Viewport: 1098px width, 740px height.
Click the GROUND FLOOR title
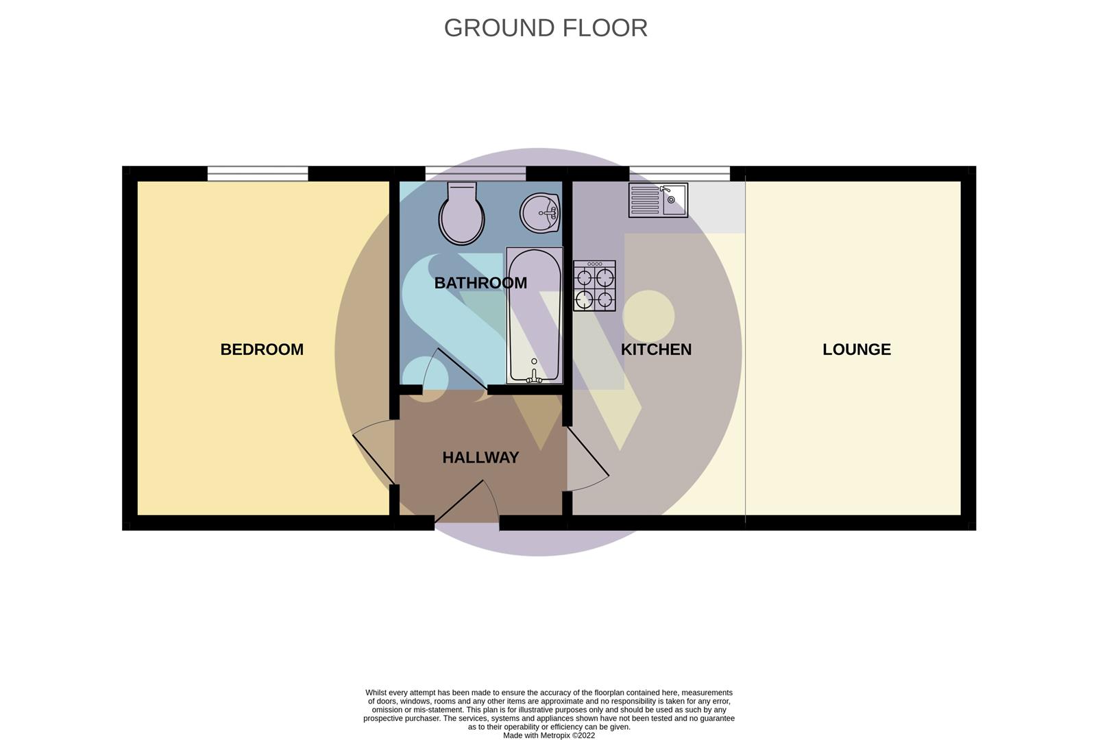pos(546,28)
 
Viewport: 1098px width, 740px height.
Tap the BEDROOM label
pos(262,349)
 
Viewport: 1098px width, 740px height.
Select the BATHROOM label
pos(480,283)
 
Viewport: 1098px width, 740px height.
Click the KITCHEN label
pos(656,349)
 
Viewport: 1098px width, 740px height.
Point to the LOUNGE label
pos(857,349)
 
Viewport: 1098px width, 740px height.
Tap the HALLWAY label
pos(480,458)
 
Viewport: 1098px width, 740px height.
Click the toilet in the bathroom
pos(461,214)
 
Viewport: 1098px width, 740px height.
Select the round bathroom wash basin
pos(540,212)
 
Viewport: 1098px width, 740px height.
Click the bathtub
pos(534,315)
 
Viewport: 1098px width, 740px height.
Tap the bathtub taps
pos(534,375)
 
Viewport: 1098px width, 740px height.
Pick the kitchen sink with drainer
pos(658,200)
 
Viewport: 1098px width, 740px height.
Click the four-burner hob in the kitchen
pos(594,286)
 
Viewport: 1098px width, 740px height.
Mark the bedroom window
pos(258,174)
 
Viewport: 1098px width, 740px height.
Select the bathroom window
pos(475,174)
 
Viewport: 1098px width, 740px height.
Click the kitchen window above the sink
pos(679,174)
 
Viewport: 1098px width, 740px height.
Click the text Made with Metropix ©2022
pos(549,736)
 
